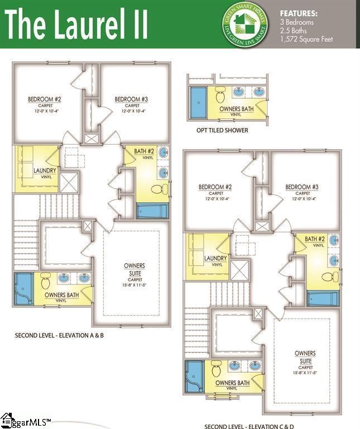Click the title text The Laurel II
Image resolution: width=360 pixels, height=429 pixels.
(x=77, y=25)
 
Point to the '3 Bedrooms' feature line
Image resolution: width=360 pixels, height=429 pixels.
(x=297, y=22)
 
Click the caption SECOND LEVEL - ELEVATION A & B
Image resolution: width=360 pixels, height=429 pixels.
(x=60, y=335)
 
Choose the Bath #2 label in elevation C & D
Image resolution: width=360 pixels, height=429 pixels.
(x=314, y=240)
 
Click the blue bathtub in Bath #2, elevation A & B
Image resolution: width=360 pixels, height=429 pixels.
(x=152, y=211)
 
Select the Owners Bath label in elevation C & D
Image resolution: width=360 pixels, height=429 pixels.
(x=233, y=383)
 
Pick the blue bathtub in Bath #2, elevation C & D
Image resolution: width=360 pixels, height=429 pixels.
(x=323, y=298)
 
